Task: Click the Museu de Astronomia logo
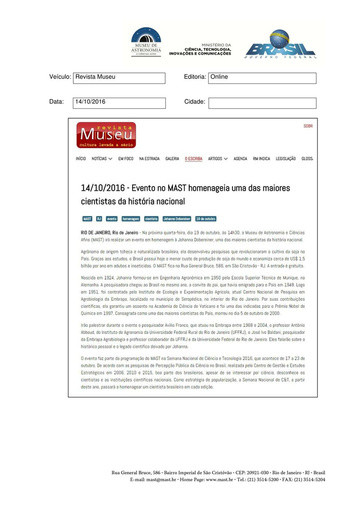click(x=146, y=42)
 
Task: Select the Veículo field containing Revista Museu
click(x=119, y=78)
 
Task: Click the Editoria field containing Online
click(x=262, y=78)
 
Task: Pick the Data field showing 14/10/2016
click(x=119, y=103)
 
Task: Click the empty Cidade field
click(x=262, y=103)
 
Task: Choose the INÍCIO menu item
click(x=81, y=159)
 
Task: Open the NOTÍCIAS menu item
click(x=102, y=159)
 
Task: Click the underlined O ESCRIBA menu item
click(x=193, y=159)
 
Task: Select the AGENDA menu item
click(x=240, y=159)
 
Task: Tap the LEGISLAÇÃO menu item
click(x=286, y=159)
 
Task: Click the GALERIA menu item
click(x=172, y=159)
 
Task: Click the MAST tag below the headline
click(x=87, y=219)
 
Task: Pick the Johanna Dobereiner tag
click(x=177, y=219)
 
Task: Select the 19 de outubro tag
click(x=206, y=219)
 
